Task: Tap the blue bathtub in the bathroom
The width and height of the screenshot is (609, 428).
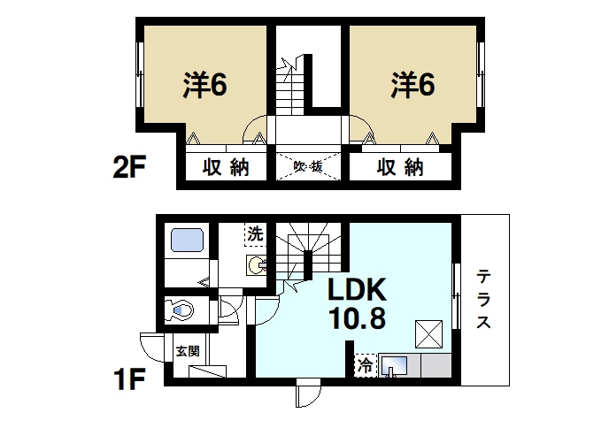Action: (x=187, y=240)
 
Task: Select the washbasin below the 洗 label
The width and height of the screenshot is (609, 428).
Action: (x=256, y=264)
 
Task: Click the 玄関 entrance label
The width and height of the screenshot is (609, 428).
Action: (x=187, y=351)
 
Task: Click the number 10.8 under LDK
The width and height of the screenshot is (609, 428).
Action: (x=358, y=317)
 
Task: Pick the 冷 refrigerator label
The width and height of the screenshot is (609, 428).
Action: (x=365, y=363)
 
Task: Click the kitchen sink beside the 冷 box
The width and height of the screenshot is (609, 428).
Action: (x=394, y=364)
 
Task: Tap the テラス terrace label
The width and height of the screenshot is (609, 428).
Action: (x=484, y=299)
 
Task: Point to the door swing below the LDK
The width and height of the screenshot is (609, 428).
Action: (x=308, y=393)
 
